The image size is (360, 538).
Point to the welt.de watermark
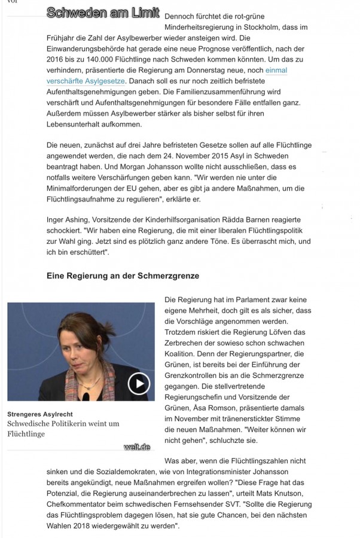pos(137,447)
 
